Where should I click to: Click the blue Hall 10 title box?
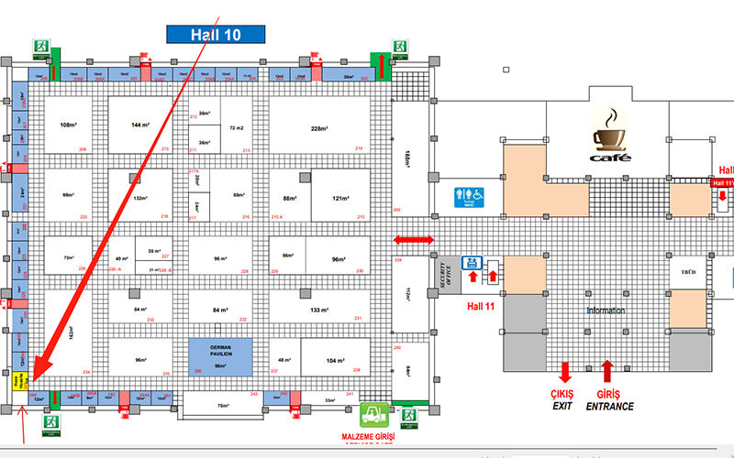(x=216, y=34)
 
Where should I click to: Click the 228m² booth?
(x=319, y=127)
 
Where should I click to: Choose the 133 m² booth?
(x=320, y=310)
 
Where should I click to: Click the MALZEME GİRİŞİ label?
(x=368, y=437)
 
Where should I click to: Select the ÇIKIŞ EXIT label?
(x=564, y=399)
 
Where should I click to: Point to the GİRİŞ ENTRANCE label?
(x=610, y=399)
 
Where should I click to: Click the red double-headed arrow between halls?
(x=413, y=240)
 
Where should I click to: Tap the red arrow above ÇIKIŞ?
(x=564, y=370)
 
